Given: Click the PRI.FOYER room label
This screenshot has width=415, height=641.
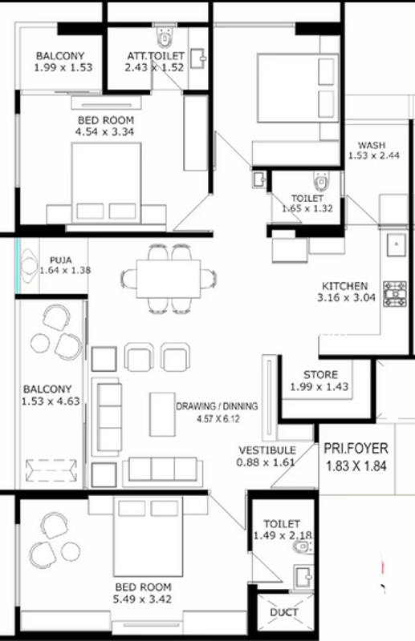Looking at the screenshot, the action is pyautogui.click(x=356, y=449).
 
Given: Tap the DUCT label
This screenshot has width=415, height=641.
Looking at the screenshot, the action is pyautogui.click(x=284, y=612).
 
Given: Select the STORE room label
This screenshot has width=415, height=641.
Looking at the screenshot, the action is pyautogui.click(x=320, y=374).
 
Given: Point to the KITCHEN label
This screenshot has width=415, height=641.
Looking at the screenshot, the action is pyautogui.click(x=344, y=286).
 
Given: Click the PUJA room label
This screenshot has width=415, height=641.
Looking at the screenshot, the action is pyautogui.click(x=61, y=260).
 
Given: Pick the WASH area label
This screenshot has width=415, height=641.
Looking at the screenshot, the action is pyautogui.click(x=372, y=145).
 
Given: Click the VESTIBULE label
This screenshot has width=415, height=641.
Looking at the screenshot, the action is pyautogui.click(x=267, y=450).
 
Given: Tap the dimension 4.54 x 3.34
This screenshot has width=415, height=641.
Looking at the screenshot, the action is pyautogui.click(x=104, y=131).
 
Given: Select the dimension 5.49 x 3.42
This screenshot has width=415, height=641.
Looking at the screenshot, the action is pyautogui.click(x=142, y=599).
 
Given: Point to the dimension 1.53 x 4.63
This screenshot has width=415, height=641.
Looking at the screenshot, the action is pyautogui.click(x=51, y=401).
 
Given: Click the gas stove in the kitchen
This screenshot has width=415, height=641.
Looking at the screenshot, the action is pyautogui.click(x=395, y=294).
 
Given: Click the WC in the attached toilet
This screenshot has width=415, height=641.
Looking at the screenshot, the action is pyautogui.click(x=165, y=36).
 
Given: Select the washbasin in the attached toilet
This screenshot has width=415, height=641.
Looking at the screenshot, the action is pyautogui.click(x=198, y=58).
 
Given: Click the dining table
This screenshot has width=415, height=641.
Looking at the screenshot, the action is pyautogui.click(x=169, y=279).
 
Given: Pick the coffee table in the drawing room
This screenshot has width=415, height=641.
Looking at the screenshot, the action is pyautogui.click(x=162, y=414).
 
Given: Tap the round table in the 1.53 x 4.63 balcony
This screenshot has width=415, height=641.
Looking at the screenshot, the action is pyautogui.click(x=40, y=343).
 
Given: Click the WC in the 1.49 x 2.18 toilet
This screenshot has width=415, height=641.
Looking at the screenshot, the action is pyautogui.click(x=303, y=547).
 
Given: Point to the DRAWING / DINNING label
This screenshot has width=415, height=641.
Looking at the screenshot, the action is pyautogui.click(x=217, y=406).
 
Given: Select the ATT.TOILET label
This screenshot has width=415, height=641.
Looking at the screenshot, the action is pyautogui.click(x=156, y=55).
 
